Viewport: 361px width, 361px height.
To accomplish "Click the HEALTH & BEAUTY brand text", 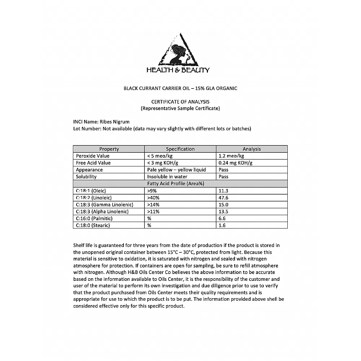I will click(x=178, y=70).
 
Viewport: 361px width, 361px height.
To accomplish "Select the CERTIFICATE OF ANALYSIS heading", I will click(x=180, y=102).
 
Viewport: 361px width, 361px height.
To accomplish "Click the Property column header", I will click(x=109, y=149).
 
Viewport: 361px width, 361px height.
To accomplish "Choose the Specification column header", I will click(x=180, y=149).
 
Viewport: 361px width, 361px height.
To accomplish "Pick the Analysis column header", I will click(x=252, y=149).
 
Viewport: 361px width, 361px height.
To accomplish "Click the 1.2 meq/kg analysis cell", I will click(x=231, y=156).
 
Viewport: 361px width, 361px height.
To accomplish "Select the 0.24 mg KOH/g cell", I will click(x=235, y=163).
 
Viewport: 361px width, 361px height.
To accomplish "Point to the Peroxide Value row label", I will click(x=93, y=156).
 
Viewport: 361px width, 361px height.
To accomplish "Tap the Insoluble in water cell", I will click(x=168, y=177).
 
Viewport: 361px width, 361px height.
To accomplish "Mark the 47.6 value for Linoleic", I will click(x=223, y=198).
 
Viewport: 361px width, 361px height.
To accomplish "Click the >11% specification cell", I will click(x=153, y=212).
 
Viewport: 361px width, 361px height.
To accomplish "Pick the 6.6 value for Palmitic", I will click(x=222, y=218).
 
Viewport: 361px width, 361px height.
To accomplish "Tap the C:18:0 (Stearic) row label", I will click(x=93, y=225).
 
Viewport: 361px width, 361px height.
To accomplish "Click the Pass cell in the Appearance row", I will click(x=223, y=170).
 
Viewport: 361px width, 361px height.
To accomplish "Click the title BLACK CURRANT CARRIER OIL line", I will click(x=180, y=88).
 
